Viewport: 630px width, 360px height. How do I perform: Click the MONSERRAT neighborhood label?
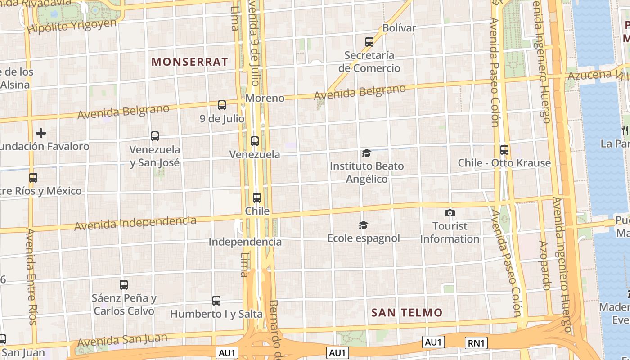coord(189,62)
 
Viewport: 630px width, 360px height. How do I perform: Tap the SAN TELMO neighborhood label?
coord(407,312)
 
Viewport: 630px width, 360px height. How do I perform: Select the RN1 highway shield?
coord(476,343)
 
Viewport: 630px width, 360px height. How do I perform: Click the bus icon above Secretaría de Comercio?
coord(369,42)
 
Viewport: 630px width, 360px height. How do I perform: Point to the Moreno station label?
coord(265,98)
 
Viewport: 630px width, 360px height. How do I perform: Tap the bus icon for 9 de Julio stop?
coord(222,105)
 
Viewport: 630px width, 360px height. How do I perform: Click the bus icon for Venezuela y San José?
coord(155,136)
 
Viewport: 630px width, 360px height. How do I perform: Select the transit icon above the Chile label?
coord(257,198)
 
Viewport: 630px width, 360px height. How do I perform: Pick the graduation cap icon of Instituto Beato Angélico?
coord(366,153)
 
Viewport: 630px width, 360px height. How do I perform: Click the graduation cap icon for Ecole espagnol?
coord(363,225)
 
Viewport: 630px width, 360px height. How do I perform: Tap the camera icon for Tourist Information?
coord(450,213)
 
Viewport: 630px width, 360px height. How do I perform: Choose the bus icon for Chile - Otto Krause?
coord(504,150)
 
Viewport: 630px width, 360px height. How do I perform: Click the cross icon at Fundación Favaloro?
coord(41,133)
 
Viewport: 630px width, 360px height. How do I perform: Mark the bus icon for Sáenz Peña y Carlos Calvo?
coord(124,284)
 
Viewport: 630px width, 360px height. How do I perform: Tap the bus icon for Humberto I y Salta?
coord(216,300)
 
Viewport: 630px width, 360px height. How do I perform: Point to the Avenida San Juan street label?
coord(122,340)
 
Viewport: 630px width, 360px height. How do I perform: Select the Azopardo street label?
coord(544,265)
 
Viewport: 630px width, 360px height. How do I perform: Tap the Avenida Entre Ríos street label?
coord(31,276)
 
